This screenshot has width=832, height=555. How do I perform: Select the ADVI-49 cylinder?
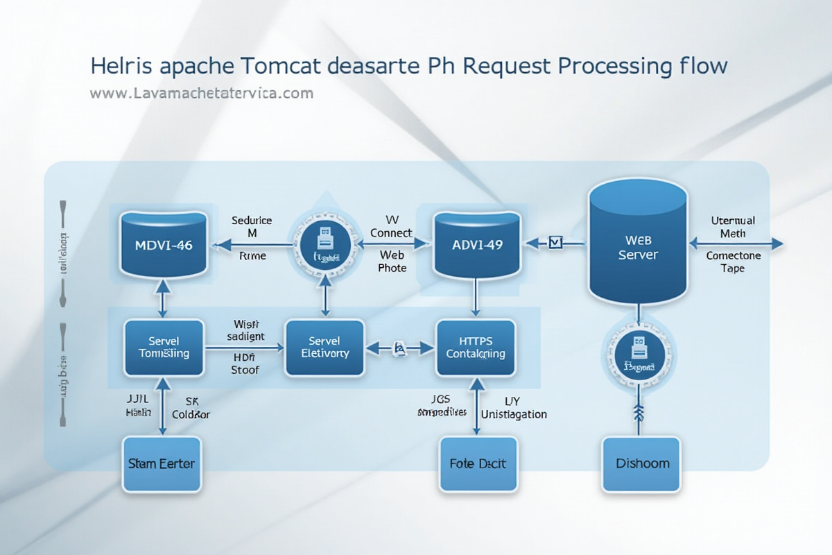coord(477,244)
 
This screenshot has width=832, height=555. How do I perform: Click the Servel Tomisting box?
coord(164,348)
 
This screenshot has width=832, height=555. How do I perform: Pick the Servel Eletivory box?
coord(324,348)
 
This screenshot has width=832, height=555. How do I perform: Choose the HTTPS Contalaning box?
coord(476,348)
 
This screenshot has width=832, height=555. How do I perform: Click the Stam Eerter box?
coord(162,463)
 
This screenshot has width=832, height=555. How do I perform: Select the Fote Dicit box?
coord(477,463)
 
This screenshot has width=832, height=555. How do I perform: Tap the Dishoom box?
coord(641,463)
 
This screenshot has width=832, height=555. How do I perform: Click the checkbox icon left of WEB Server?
coord(555,242)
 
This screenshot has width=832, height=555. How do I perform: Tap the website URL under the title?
coord(202,93)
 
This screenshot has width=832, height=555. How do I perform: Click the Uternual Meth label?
coord(733,227)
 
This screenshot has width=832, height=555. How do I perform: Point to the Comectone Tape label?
coord(733,262)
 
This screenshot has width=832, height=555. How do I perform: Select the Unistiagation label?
coord(513,414)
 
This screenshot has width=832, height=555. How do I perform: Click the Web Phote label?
coord(392,262)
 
